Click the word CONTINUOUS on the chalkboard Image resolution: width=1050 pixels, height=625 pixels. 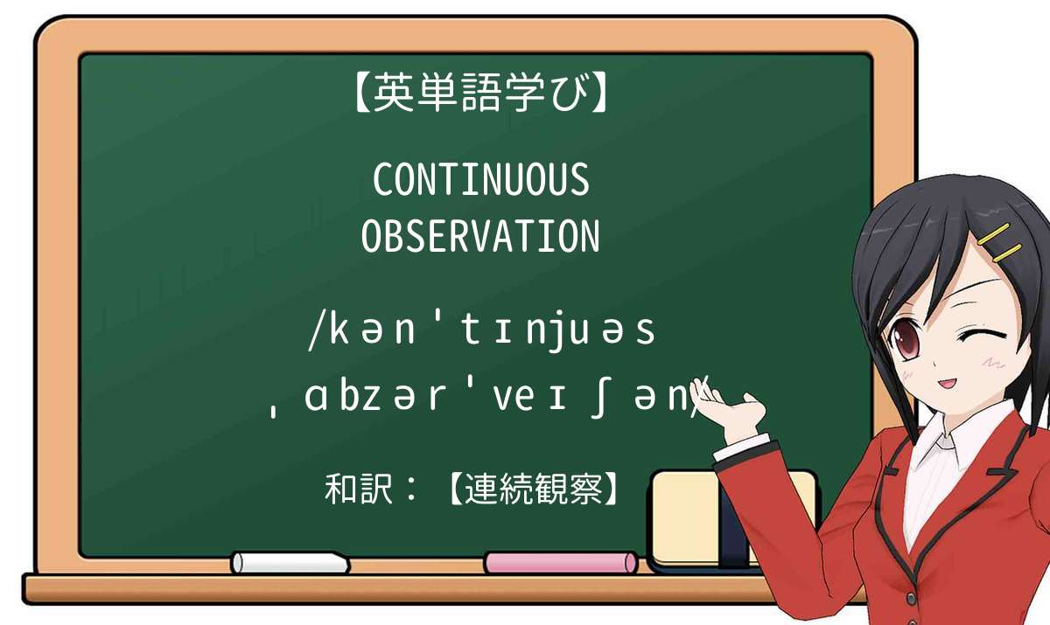[480, 181]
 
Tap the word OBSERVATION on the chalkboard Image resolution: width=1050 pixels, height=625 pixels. [480, 236]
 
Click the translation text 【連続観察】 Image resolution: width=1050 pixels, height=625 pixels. [535, 490]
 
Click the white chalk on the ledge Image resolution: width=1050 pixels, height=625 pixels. [290, 563]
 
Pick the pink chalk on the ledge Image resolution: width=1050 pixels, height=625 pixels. [560, 562]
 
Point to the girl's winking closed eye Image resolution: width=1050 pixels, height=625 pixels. [990, 337]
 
